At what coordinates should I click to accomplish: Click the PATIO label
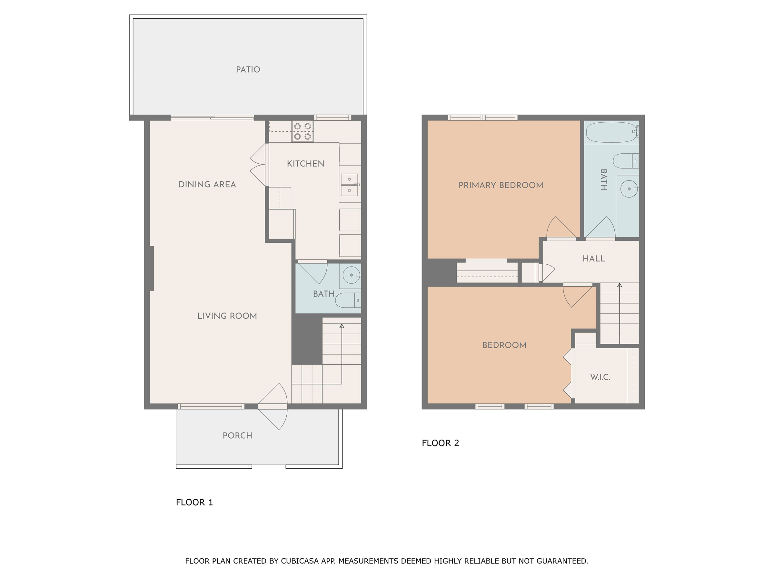(x=248, y=70)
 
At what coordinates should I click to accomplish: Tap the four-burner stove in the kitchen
(x=302, y=131)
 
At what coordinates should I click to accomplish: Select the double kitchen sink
(x=349, y=185)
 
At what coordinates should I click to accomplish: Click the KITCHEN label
(x=305, y=164)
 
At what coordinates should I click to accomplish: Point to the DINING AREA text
(x=207, y=185)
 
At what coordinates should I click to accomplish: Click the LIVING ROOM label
(x=227, y=316)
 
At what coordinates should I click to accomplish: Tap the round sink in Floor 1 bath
(x=351, y=275)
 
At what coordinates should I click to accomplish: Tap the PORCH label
(x=237, y=436)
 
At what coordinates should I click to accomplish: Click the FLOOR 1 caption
(x=194, y=502)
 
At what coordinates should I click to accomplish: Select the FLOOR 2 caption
(x=440, y=443)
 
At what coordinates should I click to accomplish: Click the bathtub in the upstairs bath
(x=610, y=132)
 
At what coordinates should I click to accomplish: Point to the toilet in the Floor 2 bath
(x=626, y=161)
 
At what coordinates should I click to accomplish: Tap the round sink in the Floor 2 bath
(x=629, y=189)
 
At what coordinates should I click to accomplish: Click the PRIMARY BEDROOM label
(x=501, y=185)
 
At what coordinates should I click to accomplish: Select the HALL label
(x=593, y=259)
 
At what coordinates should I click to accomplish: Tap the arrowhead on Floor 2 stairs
(x=619, y=285)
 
